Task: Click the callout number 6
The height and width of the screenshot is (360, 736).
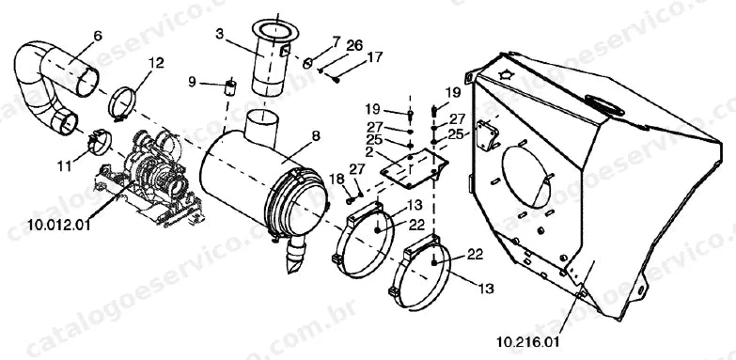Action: click(98, 36)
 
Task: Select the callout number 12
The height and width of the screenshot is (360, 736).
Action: click(156, 62)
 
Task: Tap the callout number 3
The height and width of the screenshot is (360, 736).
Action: click(220, 34)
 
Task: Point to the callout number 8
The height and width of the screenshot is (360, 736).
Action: click(316, 136)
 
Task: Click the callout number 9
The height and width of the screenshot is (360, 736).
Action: click(193, 82)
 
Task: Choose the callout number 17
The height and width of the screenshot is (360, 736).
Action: click(375, 56)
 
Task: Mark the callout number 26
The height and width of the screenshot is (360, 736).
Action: click(355, 45)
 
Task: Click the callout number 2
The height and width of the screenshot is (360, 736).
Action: click(368, 152)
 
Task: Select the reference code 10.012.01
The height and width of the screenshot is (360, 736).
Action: click(58, 225)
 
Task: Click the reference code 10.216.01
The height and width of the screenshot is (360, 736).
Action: click(528, 342)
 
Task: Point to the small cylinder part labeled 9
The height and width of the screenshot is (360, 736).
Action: click(230, 87)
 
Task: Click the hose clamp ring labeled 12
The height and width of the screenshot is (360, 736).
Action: click(122, 103)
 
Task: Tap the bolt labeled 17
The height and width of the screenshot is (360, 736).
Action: click(337, 80)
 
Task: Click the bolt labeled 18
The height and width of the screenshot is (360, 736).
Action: click(350, 200)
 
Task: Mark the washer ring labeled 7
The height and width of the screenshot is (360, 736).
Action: click(308, 62)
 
